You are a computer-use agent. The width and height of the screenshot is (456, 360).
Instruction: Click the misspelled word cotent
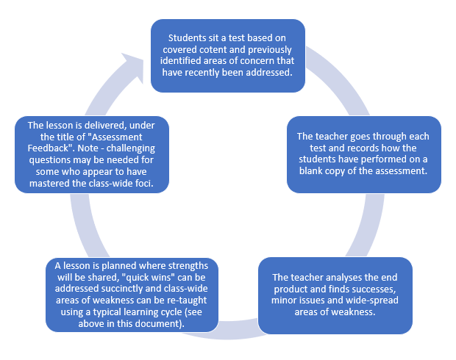pyautogui.click(x=216, y=49)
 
